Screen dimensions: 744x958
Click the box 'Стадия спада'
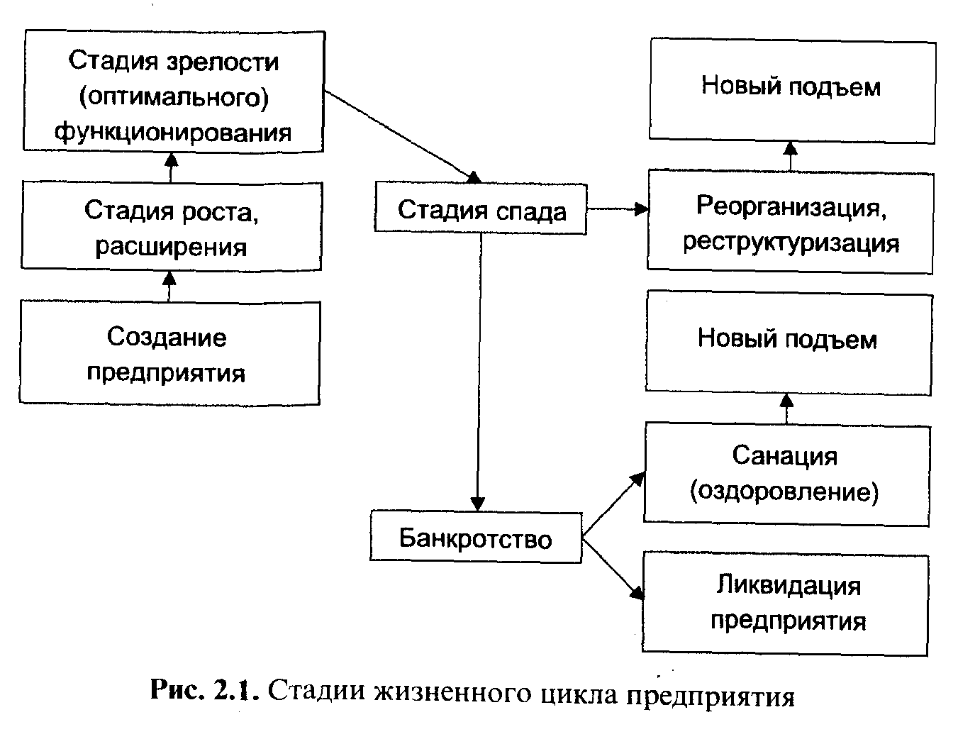(x=481, y=211)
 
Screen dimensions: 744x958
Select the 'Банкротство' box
(x=476, y=538)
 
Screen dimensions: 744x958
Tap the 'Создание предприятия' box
(x=169, y=354)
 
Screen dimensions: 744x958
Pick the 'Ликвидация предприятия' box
(x=786, y=604)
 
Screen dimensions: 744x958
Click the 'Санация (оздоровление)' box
(x=786, y=474)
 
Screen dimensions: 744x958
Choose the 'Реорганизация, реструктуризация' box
(x=790, y=223)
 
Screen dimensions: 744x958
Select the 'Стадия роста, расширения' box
(x=171, y=227)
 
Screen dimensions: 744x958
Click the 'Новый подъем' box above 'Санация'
(x=787, y=340)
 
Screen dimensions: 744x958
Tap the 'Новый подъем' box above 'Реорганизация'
(x=791, y=88)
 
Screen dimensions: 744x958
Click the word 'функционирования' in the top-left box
(x=173, y=132)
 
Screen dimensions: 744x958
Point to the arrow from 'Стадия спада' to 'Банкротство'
(x=480, y=369)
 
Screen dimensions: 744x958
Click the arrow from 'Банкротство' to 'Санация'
(x=611, y=506)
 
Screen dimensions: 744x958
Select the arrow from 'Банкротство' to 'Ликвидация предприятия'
(x=611, y=567)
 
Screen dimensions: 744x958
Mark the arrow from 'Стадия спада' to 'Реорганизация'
(x=617, y=209)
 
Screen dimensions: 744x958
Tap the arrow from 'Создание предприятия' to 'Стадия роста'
(x=169, y=285)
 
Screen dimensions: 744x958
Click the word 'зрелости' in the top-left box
(x=224, y=62)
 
